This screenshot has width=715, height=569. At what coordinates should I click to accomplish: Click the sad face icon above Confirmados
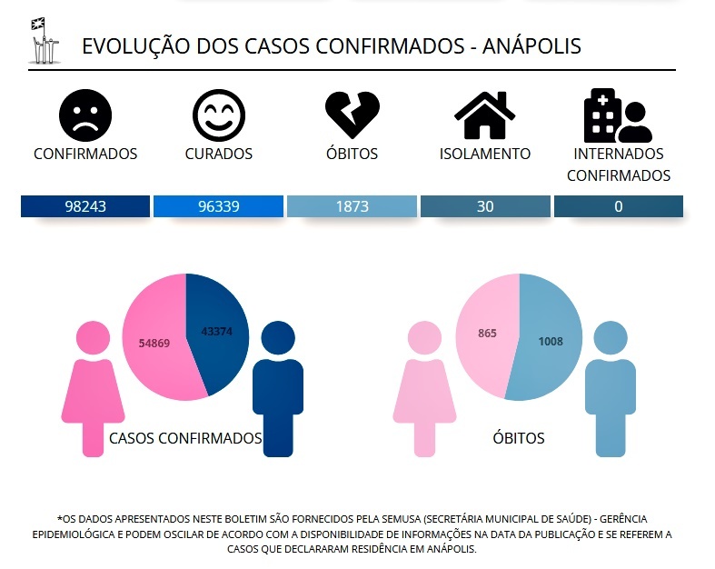85,115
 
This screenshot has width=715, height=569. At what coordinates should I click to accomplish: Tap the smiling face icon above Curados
219,115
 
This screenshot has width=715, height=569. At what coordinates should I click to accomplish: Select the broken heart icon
352,115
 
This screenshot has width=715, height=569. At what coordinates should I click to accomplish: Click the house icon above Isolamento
484,115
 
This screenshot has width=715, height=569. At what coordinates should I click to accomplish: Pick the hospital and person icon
618,115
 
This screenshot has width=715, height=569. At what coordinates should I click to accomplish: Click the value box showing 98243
85,206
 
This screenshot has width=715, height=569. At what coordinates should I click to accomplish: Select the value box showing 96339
219,206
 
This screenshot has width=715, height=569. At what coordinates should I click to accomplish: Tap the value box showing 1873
352,206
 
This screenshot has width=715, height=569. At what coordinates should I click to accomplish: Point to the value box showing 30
485,206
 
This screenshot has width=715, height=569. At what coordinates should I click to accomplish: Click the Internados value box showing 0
618,206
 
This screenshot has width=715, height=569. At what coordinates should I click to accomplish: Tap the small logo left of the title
43,41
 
